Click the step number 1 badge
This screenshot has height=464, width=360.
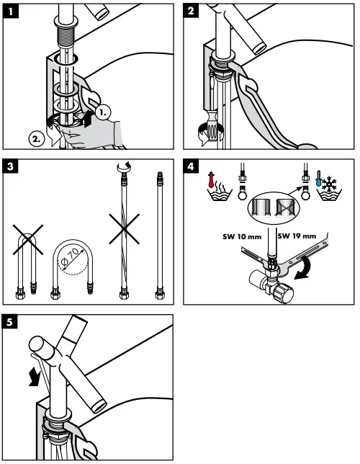pos(11,12)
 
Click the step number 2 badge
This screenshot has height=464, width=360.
pos(191,11)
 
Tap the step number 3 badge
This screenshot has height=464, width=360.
pos(10,166)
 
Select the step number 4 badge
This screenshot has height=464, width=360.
pos(191,166)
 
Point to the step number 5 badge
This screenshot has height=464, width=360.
pos(10,321)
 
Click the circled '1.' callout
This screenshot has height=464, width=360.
pos(103,112)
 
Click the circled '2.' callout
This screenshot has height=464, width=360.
pos(37,139)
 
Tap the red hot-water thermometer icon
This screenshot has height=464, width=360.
pos(211,179)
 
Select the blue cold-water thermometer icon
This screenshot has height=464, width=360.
pos(318,178)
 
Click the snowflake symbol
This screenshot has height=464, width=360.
pos(329,184)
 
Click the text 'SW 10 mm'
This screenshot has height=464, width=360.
pos(242,237)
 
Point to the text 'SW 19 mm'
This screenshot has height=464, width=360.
pos(297,236)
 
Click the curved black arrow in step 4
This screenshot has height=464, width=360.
pos(304,268)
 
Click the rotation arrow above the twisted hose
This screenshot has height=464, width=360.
pos(124,167)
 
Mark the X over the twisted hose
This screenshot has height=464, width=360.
pos(125,228)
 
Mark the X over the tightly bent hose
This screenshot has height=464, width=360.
pos(28,240)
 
